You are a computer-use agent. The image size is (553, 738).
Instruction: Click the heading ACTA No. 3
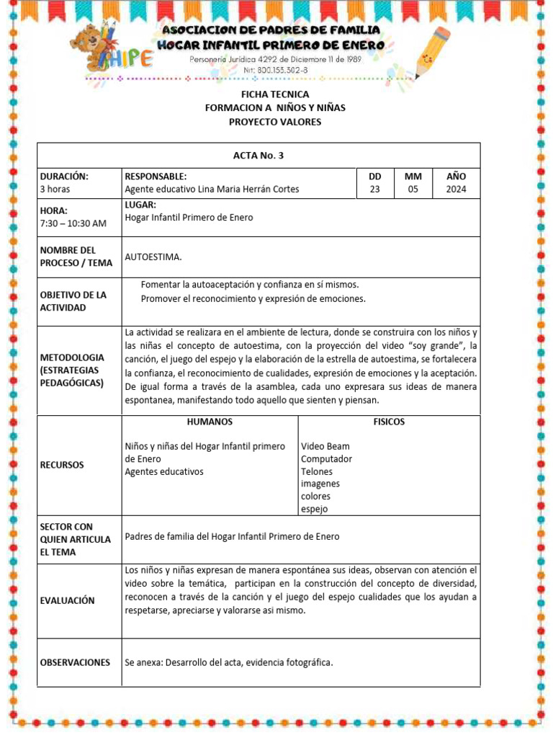(x=258, y=156)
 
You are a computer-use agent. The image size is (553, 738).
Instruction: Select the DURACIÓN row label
(x=64, y=177)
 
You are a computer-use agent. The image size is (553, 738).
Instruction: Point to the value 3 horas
(x=55, y=190)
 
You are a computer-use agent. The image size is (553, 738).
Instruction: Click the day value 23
(x=374, y=190)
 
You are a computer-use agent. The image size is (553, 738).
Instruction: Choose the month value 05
(x=413, y=190)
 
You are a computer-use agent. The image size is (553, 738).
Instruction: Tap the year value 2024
(x=456, y=190)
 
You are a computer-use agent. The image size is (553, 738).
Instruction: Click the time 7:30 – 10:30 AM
(x=73, y=223)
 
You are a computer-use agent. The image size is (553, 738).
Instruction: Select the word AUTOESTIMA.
(x=153, y=257)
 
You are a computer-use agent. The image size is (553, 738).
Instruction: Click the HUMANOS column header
(x=210, y=422)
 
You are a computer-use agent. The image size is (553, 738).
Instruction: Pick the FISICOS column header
(x=389, y=422)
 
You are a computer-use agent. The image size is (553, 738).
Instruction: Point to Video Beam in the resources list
(x=325, y=446)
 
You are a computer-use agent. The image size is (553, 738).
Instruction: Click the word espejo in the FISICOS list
(x=314, y=509)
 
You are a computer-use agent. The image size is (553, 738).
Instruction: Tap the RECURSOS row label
(x=62, y=465)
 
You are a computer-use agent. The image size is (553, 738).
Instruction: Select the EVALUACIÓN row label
(x=67, y=600)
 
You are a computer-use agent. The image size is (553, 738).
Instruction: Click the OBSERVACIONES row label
(x=75, y=662)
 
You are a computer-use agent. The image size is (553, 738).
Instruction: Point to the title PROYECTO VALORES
(x=275, y=122)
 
